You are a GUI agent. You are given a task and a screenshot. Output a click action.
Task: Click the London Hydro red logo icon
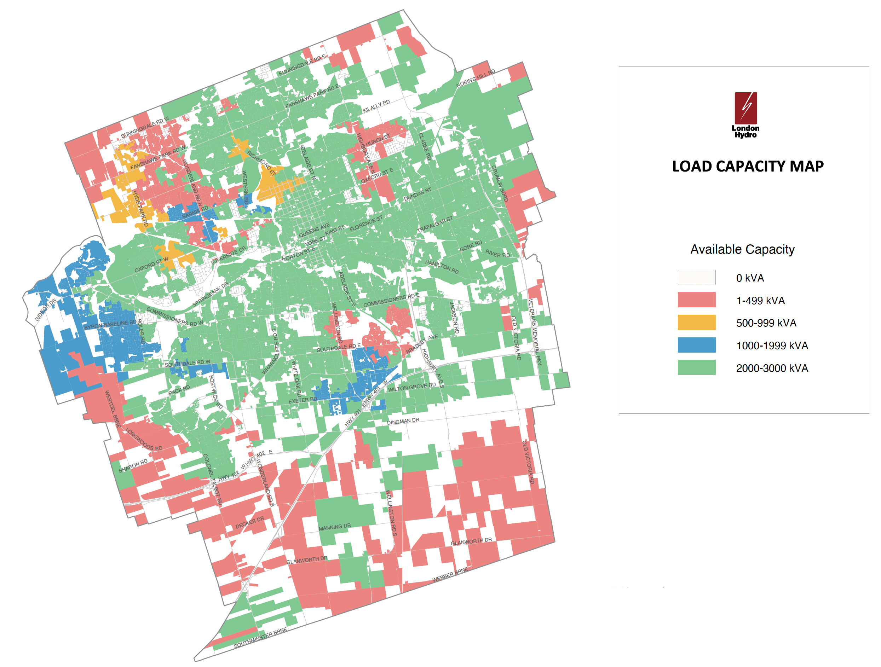[745, 108]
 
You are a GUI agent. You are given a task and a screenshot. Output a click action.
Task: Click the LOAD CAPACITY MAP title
[748, 167]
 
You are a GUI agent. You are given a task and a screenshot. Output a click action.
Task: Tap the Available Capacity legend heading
[742, 249]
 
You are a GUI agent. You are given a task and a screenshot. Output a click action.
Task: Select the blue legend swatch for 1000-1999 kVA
[696, 345]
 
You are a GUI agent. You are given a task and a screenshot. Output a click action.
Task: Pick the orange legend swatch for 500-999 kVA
[696, 322]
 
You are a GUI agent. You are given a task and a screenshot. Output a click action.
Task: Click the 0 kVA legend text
[750, 278]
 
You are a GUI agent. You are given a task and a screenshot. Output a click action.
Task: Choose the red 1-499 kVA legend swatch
[696, 300]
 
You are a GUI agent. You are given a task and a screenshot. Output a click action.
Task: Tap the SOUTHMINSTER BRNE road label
[260, 638]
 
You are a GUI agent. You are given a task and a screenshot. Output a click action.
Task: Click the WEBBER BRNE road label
[450, 575]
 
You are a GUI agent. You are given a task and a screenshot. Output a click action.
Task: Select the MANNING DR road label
[335, 527]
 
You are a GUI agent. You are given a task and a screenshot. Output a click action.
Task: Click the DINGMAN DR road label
[403, 421]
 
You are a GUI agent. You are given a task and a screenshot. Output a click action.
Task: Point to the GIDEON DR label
[45, 310]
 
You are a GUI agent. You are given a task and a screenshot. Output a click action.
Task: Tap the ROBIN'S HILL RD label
[476, 79]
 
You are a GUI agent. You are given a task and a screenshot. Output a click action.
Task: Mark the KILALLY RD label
[376, 106]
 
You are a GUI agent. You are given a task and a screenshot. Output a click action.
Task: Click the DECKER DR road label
[249, 522]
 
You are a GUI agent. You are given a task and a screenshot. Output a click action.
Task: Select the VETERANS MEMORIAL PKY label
[535, 332]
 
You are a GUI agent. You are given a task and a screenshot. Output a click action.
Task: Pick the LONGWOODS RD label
[144, 439]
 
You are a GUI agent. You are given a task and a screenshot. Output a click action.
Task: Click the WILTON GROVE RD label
[411, 387]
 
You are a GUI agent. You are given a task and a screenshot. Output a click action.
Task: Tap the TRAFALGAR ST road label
[434, 225]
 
